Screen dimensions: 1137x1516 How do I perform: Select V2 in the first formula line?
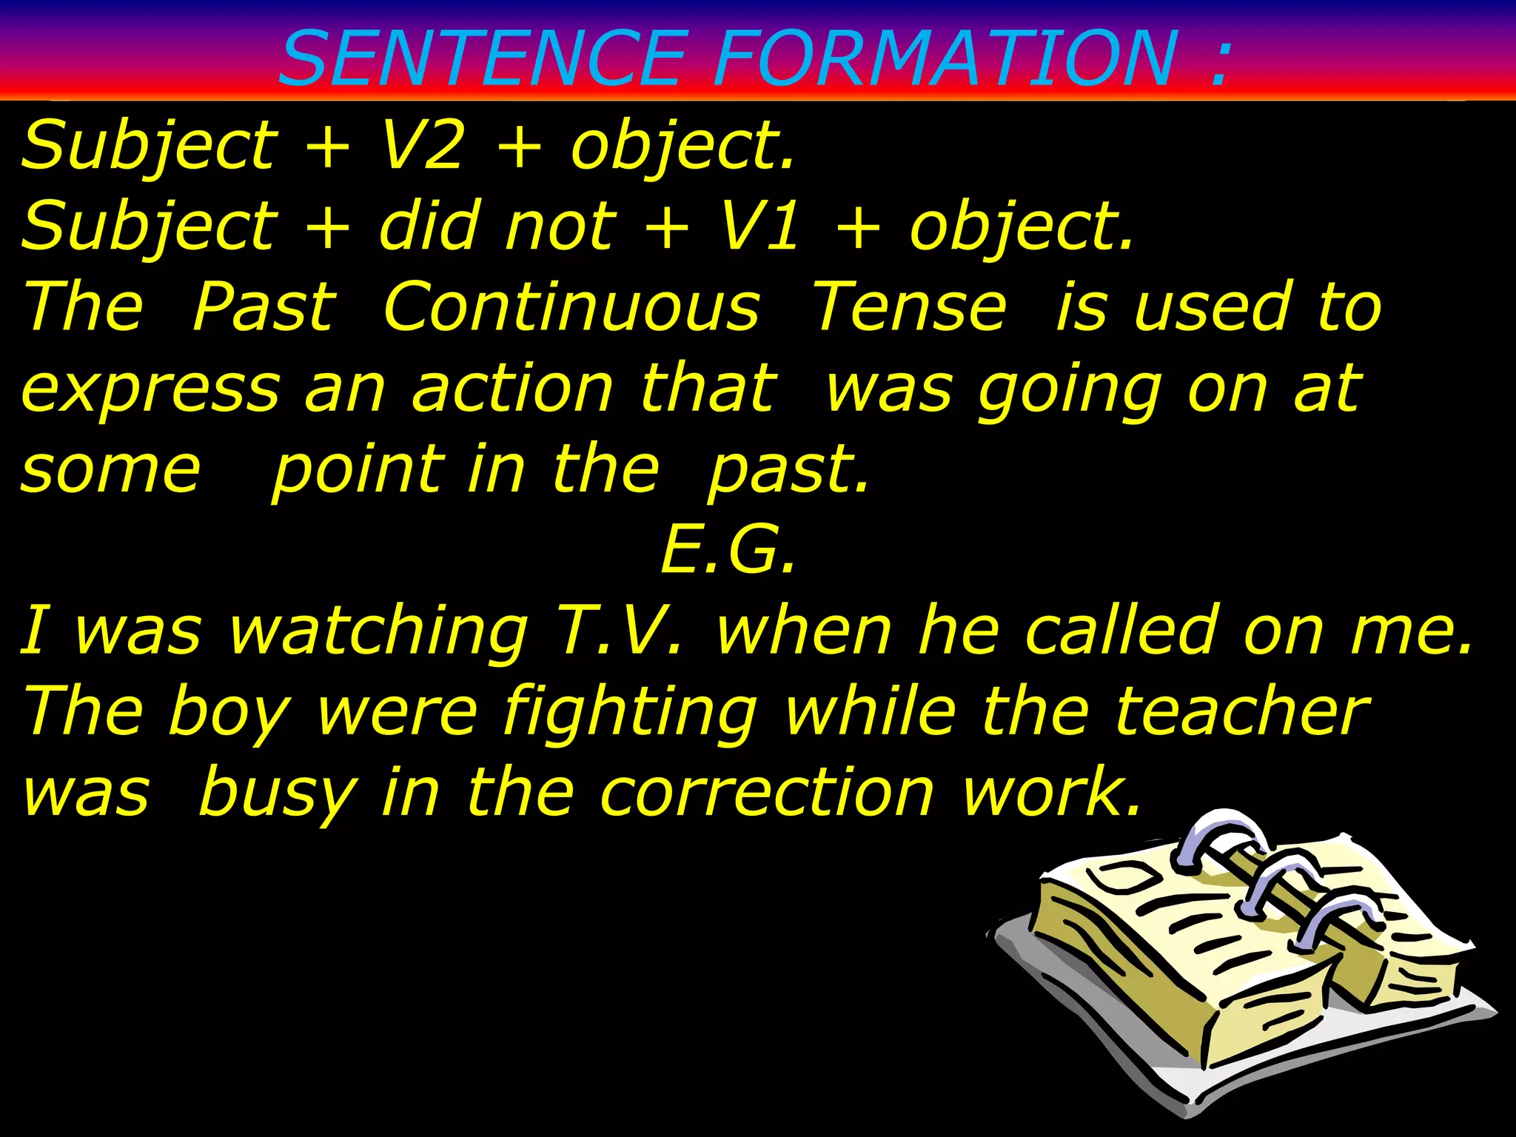pos(423,145)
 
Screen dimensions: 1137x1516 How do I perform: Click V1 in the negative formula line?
pos(759,225)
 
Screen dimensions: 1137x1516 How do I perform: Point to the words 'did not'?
pos(497,225)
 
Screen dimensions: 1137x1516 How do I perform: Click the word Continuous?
pos(571,306)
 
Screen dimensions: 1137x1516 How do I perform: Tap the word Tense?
pos(910,306)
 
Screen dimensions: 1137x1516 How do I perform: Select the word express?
pos(151,389)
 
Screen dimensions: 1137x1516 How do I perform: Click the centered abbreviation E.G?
pos(728,550)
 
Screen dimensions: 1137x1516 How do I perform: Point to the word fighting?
pos(628,713)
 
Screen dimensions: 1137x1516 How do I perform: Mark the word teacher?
pos(1241,711)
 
